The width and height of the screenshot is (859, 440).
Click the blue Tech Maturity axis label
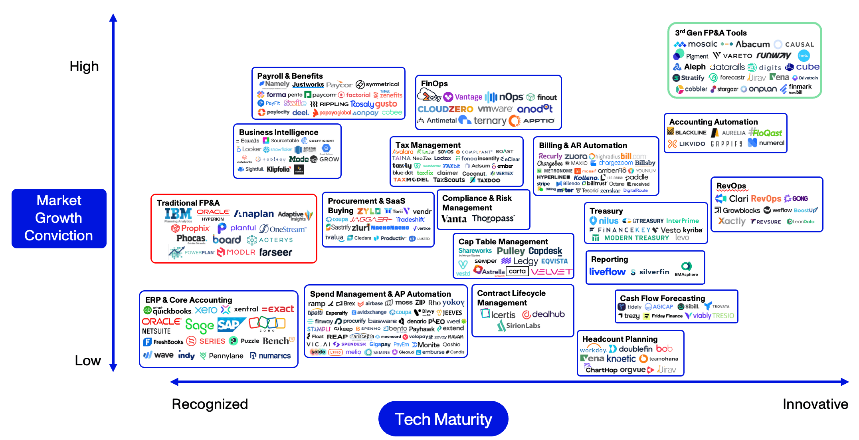[x=443, y=419]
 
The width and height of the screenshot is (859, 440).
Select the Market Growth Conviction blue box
[x=59, y=218]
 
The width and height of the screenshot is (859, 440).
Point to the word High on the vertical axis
[x=84, y=66]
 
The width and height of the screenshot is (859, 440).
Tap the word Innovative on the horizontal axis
[x=815, y=404]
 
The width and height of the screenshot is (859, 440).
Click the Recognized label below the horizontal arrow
[x=210, y=404]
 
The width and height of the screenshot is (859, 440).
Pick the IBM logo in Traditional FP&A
[x=178, y=214]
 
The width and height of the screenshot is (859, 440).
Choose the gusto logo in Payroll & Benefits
[x=386, y=104]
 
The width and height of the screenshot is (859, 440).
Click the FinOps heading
[x=434, y=83]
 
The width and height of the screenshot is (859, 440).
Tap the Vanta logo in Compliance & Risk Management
[x=454, y=219]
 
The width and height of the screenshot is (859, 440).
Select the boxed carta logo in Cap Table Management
[x=517, y=272]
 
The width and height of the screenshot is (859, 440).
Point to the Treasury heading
[x=606, y=211]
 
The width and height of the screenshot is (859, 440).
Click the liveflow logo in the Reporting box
[x=607, y=272]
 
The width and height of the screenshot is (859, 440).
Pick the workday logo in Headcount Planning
[x=593, y=349]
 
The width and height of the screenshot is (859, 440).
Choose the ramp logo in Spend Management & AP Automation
[x=317, y=303]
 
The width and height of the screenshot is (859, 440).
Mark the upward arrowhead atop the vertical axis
[x=113, y=18]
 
